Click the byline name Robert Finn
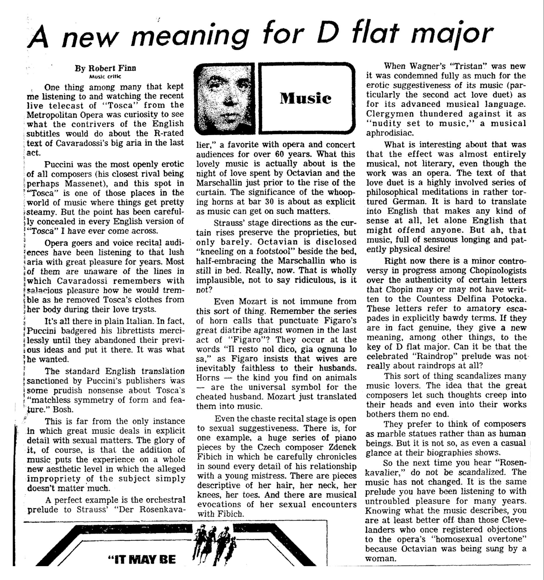click(105, 68)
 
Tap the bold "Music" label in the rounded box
click(305, 98)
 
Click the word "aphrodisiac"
click(390, 133)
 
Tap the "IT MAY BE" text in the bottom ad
click(142, 559)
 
